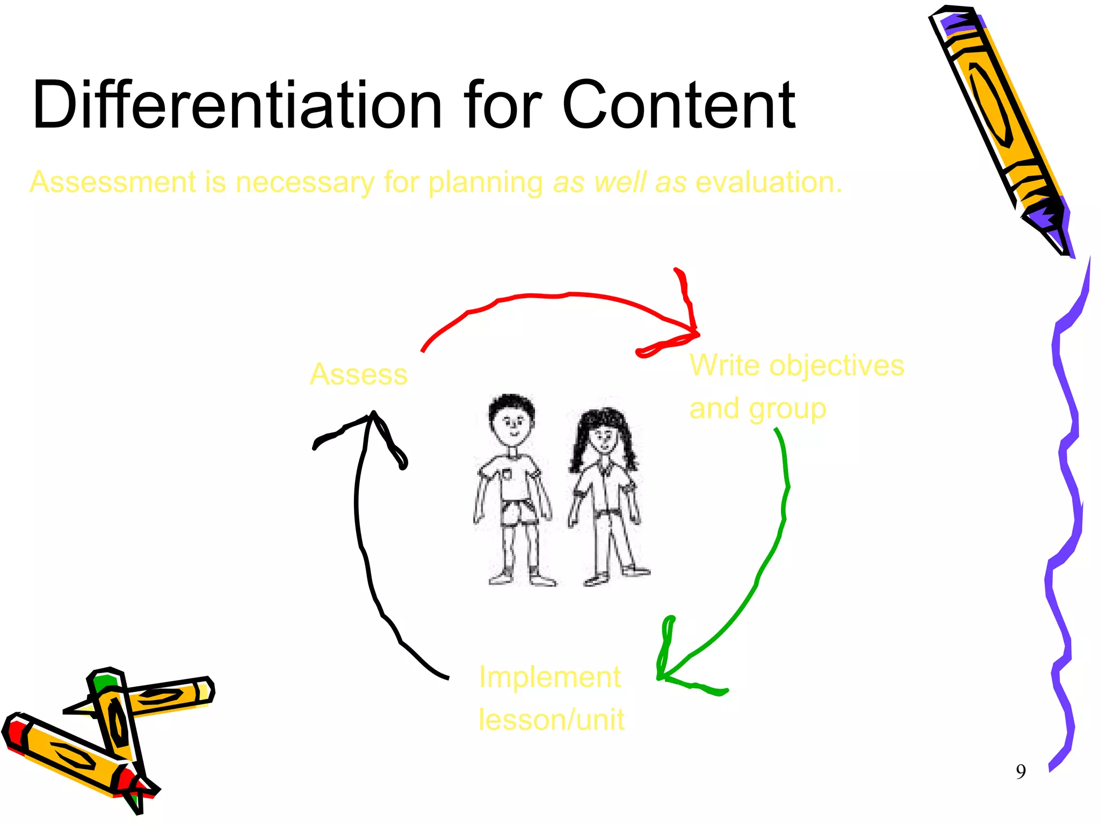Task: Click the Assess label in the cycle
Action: (359, 374)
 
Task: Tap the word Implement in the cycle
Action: (549, 677)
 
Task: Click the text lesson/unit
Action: (552, 719)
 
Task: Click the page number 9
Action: (1021, 772)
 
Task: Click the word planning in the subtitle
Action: (486, 183)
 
